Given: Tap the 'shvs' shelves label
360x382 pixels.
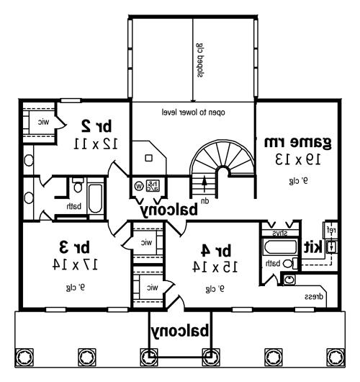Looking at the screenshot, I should coord(277,234).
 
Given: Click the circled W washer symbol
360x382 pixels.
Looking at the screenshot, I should coord(138,185).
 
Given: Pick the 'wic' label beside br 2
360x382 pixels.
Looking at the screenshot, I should coord(44,122).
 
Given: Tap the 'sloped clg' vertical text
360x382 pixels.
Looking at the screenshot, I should coord(198,58).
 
